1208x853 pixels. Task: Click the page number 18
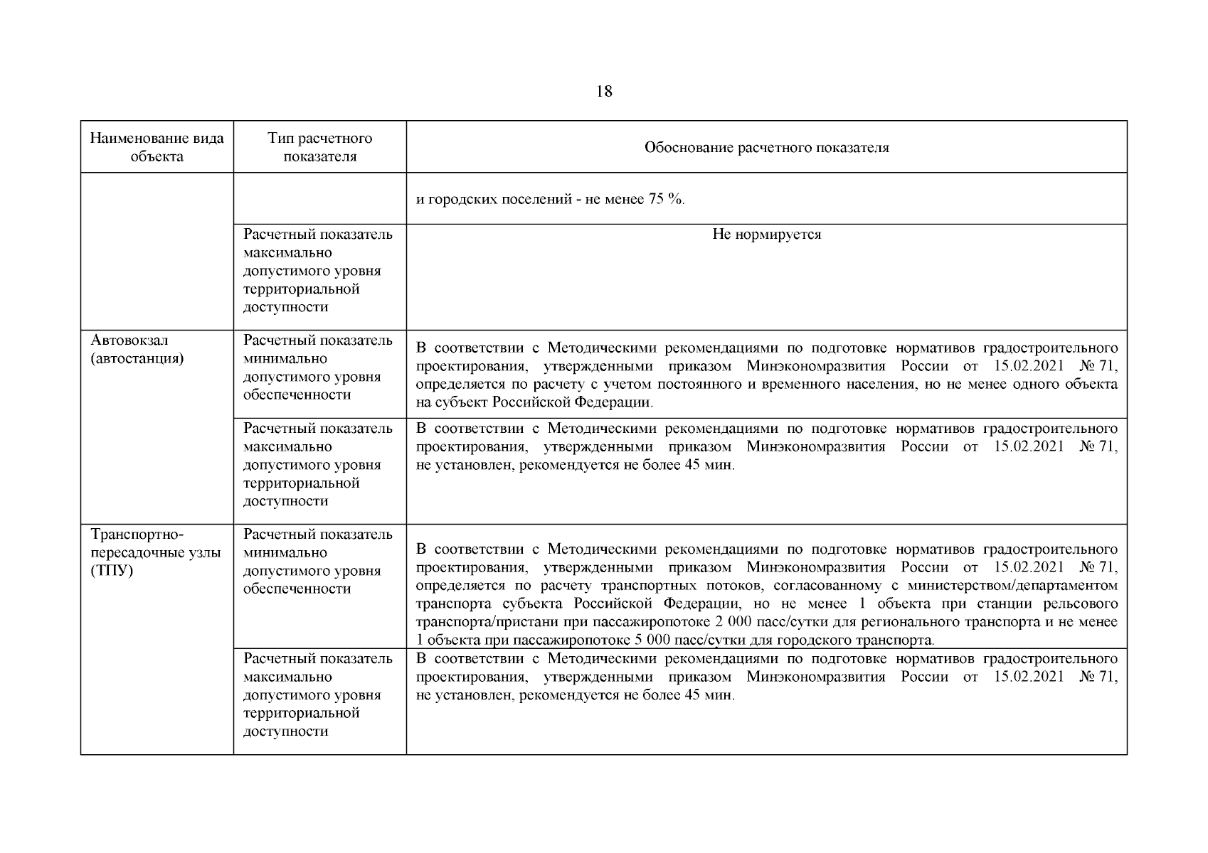tap(603, 92)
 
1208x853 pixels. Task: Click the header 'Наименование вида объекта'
tap(157, 147)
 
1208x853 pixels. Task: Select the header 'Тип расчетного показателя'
tap(320, 147)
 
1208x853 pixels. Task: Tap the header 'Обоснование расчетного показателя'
tap(766, 148)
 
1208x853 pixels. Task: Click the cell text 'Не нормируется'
tap(766, 235)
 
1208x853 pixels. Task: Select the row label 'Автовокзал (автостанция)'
tap(137, 349)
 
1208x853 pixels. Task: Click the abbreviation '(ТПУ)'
tap(112, 571)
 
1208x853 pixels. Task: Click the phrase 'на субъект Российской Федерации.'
tap(534, 402)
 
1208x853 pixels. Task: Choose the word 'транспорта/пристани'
tap(484, 622)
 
